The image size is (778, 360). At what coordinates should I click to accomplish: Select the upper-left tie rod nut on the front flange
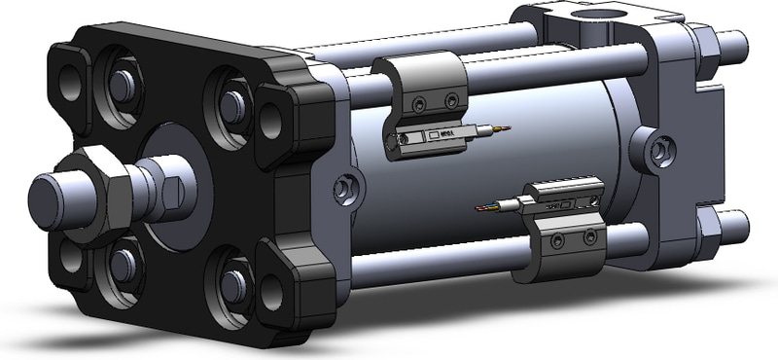pyautogui.click(x=122, y=86)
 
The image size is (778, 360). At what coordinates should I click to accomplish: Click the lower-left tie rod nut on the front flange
pyautogui.click(x=123, y=262)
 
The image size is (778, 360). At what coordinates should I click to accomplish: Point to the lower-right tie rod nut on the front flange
pyautogui.click(x=232, y=283)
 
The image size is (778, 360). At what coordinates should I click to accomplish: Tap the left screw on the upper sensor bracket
pyautogui.click(x=418, y=106)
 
